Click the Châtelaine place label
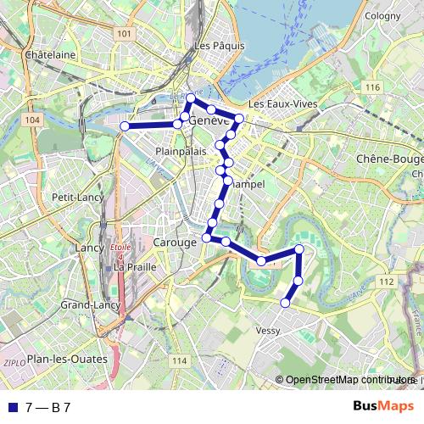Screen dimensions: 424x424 [x=51, y=54]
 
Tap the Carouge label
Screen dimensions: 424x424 [x=176, y=243]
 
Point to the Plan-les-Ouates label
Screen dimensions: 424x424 [x=68, y=359]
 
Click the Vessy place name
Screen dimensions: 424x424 [x=267, y=331]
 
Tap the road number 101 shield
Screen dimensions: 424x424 [x=125, y=33]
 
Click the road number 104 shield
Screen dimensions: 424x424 [x=32, y=120]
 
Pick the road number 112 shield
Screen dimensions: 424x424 [x=387, y=281]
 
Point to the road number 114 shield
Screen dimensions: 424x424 [x=178, y=361]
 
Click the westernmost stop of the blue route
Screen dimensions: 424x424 [x=125, y=126]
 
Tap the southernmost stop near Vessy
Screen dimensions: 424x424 [x=286, y=302]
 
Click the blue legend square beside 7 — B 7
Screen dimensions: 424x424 [x=12, y=407]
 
